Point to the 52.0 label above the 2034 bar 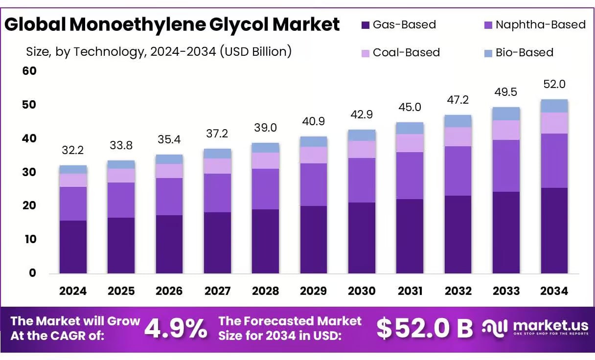click(554, 84)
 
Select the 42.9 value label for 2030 click(362, 115)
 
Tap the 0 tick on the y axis click(33, 273)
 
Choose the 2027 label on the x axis click(217, 291)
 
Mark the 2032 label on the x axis click(458, 291)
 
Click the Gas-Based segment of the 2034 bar click(554, 230)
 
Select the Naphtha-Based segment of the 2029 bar click(314, 184)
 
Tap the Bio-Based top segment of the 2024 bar click(73, 169)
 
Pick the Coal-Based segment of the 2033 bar click(506, 130)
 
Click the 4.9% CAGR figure click(176, 329)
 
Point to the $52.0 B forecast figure click(424, 329)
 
